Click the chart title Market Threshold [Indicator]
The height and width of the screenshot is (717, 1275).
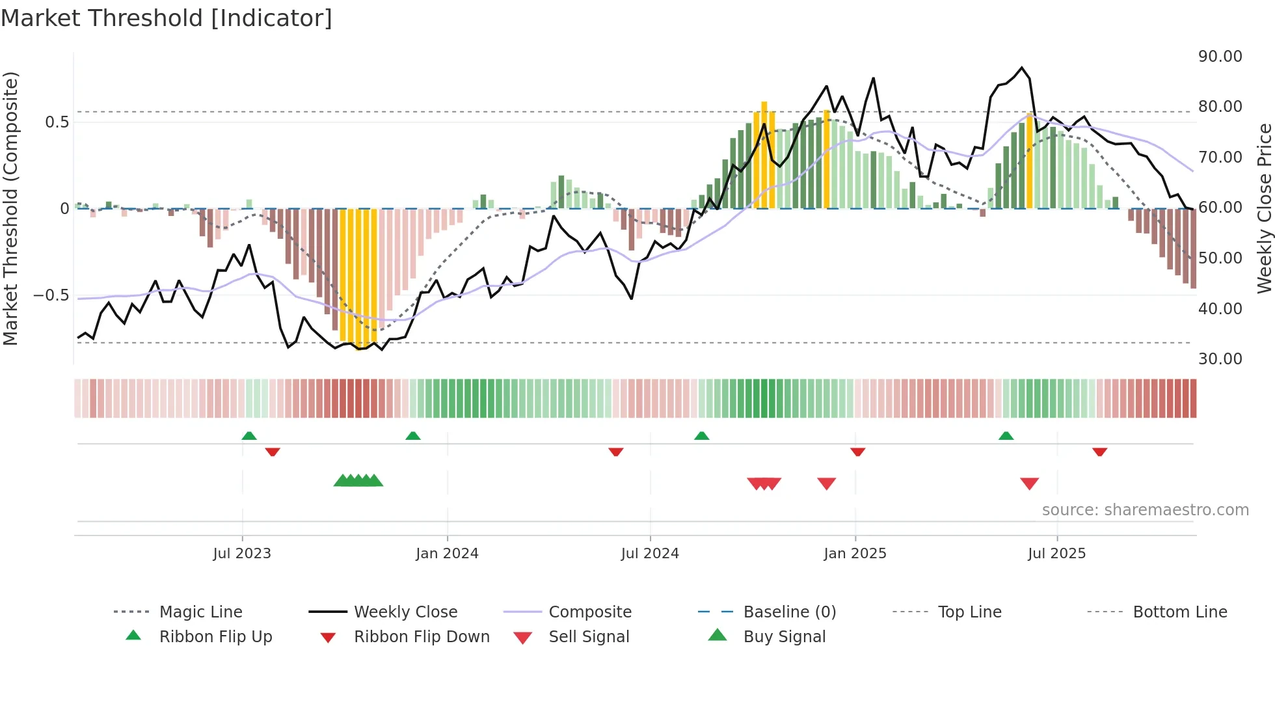pos(167,18)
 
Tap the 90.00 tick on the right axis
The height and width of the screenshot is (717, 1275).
pos(1220,57)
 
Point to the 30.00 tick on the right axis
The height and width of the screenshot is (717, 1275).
pos(1220,359)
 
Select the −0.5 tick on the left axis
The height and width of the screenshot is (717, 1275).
pos(51,295)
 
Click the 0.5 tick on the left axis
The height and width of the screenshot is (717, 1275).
pos(57,122)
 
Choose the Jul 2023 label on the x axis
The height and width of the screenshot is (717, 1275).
pos(242,554)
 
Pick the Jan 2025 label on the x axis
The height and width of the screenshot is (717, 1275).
pos(855,554)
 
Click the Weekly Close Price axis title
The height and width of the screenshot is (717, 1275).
pos(1264,208)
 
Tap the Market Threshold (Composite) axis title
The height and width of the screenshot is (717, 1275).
pos(10,208)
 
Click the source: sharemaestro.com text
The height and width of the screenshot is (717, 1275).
pos(1145,510)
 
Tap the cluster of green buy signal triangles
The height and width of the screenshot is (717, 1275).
pos(358,481)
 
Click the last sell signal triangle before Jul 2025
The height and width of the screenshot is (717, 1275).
pos(1029,483)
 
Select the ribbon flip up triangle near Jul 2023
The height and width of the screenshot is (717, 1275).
pos(249,436)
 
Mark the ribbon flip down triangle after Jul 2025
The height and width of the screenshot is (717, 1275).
pos(1100,452)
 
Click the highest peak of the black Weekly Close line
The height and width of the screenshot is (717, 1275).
pos(1022,68)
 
